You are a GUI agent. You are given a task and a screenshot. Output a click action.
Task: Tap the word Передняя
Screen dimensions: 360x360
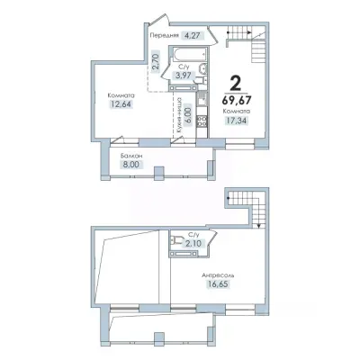pyautogui.click(x=165, y=35)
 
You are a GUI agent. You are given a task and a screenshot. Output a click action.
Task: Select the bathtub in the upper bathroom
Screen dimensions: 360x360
pyautogui.click(x=189, y=55)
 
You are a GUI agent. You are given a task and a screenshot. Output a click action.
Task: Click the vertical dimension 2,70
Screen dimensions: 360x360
pyautogui.click(x=156, y=61)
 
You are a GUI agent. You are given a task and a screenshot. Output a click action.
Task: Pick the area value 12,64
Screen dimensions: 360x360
pyautogui.click(x=121, y=104)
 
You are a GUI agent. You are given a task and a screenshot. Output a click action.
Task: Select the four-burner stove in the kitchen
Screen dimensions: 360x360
pyautogui.click(x=202, y=121)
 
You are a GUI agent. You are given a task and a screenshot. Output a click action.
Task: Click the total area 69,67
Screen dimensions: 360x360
pyautogui.click(x=237, y=99)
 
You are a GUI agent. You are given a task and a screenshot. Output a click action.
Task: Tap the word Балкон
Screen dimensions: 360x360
pyautogui.click(x=131, y=157)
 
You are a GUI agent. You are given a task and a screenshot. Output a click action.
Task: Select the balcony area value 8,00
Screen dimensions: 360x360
pyautogui.click(x=131, y=165)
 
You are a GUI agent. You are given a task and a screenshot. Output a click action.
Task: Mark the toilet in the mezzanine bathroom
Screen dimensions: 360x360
pyautogui.click(x=176, y=240)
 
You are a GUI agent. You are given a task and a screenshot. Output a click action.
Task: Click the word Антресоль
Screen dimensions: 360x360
pyautogui.click(x=218, y=275)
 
